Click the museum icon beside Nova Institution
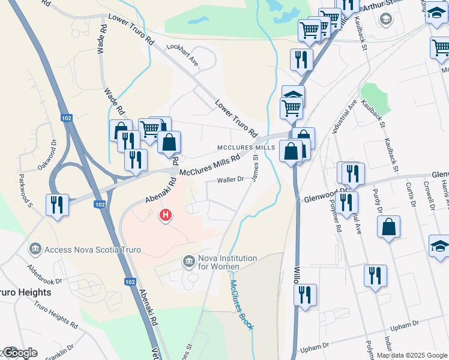190,261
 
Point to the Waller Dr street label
231,179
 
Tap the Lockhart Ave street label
182,54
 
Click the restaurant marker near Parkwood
58,205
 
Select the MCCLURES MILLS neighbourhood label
246,148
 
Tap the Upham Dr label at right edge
404,325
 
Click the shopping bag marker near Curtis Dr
389,227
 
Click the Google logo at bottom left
19,352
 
